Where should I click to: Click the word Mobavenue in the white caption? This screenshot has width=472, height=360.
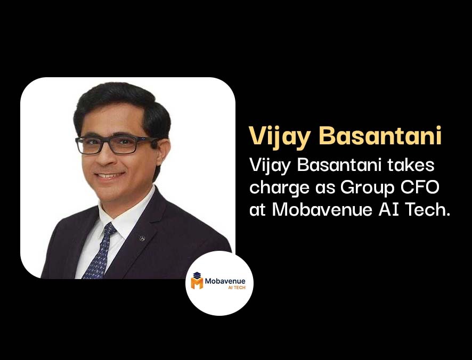tap(322, 209)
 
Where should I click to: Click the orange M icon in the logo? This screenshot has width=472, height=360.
tap(197, 281)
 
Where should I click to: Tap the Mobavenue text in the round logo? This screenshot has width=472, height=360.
tap(225, 281)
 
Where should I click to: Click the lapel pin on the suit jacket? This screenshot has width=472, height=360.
tap(142, 238)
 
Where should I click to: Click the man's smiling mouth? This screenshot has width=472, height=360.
tap(109, 176)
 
